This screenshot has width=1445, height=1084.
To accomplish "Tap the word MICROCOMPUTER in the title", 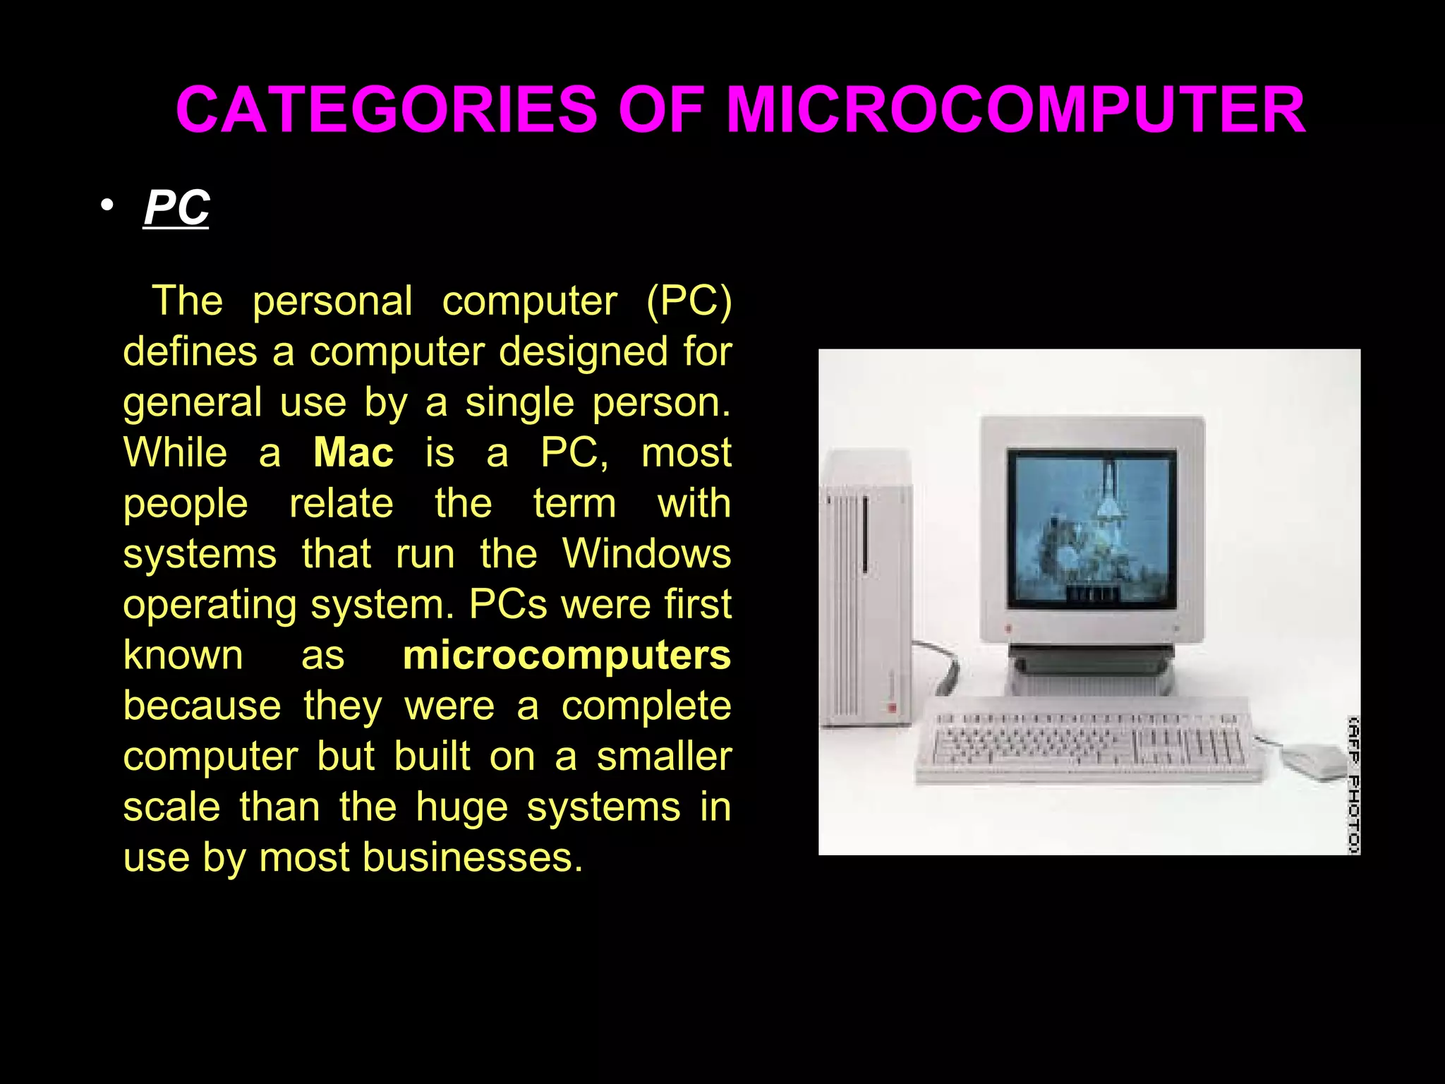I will tap(1015, 110).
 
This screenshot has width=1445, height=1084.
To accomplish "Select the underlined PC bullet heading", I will tap(176, 207).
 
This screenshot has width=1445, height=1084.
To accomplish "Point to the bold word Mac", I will tap(353, 452).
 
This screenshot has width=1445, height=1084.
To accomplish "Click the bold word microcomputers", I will tap(567, 655).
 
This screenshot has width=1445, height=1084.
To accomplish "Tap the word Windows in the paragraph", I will tap(646, 553).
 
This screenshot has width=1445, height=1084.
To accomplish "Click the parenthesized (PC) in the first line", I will tap(689, 301).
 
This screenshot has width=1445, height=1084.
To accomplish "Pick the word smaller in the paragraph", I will tap(664, 757).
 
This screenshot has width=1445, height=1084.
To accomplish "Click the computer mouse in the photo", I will tap(1313, 761).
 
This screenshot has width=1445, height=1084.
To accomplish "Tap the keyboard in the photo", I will tap(1087, 741).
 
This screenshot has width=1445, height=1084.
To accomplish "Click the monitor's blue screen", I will tap(1091, 528).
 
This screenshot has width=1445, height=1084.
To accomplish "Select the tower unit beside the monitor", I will tap(866, 600).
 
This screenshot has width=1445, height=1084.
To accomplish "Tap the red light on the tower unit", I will tap(892, 706).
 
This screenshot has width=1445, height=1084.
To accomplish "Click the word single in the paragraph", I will tap(519, 402).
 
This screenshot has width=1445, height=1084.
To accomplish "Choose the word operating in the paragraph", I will tap(210, 605).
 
